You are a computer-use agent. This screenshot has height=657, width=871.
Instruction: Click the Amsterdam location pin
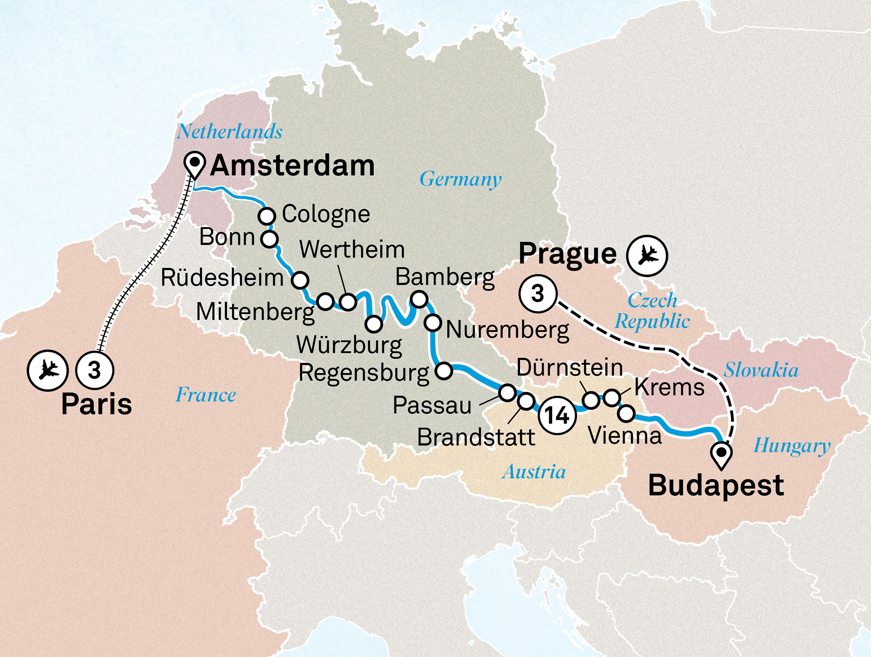click(195, 163)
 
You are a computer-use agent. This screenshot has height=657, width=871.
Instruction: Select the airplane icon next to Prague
click(647, 256)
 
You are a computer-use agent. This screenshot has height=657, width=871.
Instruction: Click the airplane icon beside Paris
click(48, 370)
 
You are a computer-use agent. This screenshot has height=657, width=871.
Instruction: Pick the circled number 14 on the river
click(557, 415)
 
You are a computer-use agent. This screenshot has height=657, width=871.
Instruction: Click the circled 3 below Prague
click(538, 293)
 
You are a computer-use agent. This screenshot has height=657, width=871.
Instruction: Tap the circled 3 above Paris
click(95, 370)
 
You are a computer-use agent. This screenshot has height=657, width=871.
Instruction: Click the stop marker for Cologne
click(267, 216)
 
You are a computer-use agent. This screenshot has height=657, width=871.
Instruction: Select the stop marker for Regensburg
click(444, 371)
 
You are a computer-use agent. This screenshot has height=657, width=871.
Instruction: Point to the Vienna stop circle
click(626, 413)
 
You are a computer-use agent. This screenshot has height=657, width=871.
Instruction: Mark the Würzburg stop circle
click(374, 324)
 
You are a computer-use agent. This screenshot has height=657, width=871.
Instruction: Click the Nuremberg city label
click(508, 330)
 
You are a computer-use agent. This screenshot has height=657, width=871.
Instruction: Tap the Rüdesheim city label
click(222, 278)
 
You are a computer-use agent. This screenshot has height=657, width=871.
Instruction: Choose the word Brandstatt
click(476, 437)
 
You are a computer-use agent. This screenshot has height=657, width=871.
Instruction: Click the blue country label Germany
click(460, 179)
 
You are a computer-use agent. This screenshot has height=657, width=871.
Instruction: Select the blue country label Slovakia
click(761, 370)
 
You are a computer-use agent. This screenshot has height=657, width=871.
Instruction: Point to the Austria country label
click(534, 472)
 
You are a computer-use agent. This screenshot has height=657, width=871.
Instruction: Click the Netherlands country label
click(230, 132)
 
